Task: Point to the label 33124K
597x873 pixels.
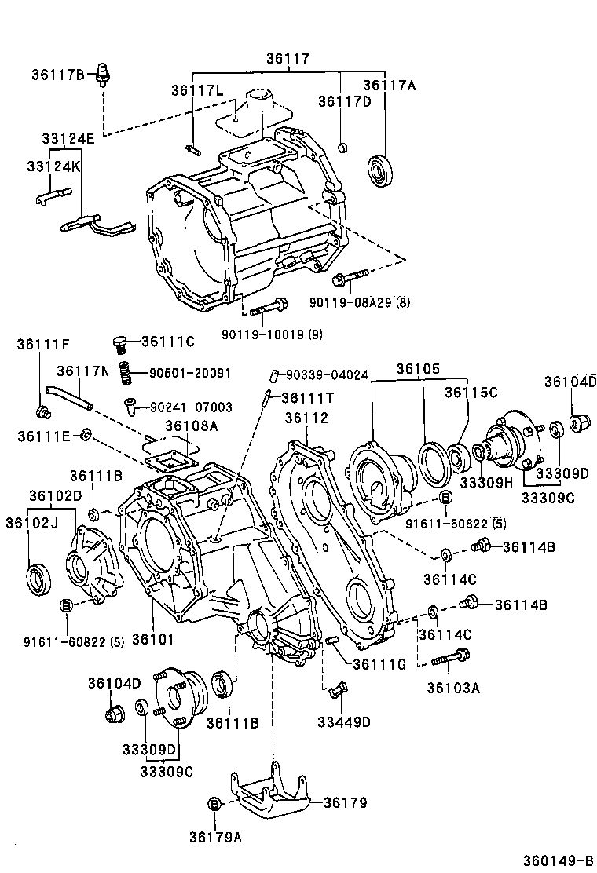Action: point(53,168)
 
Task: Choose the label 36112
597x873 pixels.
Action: point(306,418)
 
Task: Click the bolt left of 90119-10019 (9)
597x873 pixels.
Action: point(270,307)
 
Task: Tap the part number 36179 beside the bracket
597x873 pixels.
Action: point(345,802)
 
